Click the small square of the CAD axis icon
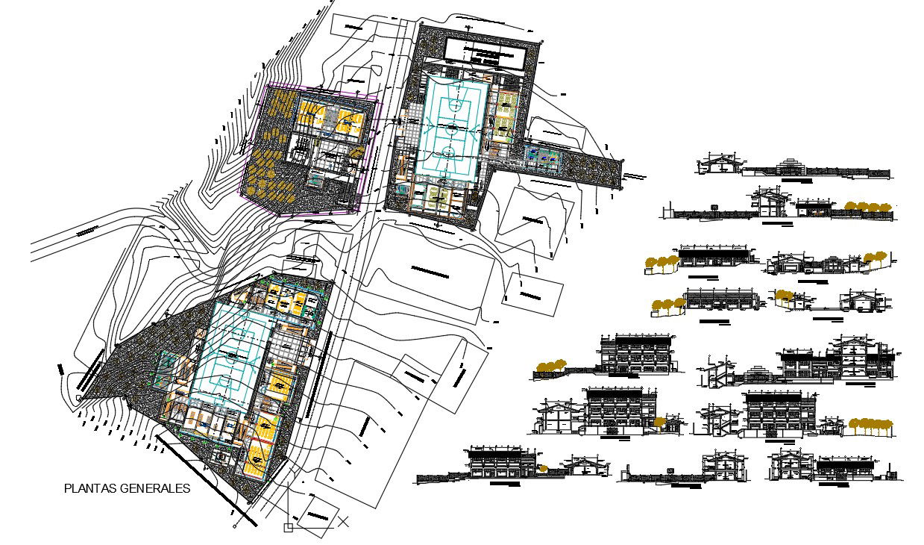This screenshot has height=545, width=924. coord(289,528)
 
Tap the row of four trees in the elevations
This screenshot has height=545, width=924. coord(867,207)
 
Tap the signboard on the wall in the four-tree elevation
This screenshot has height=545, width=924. coord(714,205)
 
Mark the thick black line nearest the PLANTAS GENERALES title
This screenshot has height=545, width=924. coord(201,478)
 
